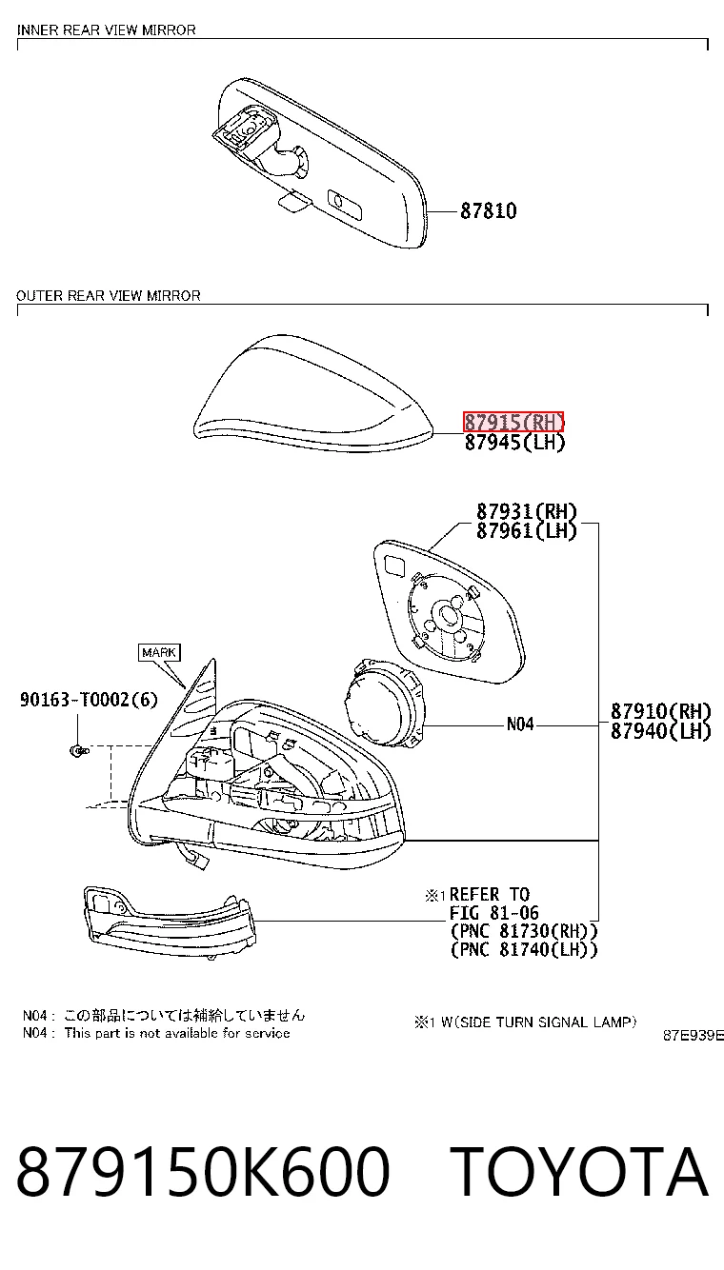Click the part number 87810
coord(488,211)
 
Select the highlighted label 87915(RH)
coord(513,423)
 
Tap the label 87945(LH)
coord(514,443)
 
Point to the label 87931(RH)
coord(526,512)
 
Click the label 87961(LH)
coord(526,531)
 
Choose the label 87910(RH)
coord(660,711)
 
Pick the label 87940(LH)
coord(660,731)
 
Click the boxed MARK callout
coord(159,652)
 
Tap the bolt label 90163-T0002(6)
coord(89,700)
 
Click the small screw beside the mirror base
coord(79,751)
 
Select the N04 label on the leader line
coord(520,724)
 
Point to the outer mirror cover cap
coord(312,394)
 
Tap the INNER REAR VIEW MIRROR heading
coord(106,30)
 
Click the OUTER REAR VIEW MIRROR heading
coord(109,296)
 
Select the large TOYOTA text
coord(582,1172)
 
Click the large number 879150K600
coord(203,1172)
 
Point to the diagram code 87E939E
coord(694,1036)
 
